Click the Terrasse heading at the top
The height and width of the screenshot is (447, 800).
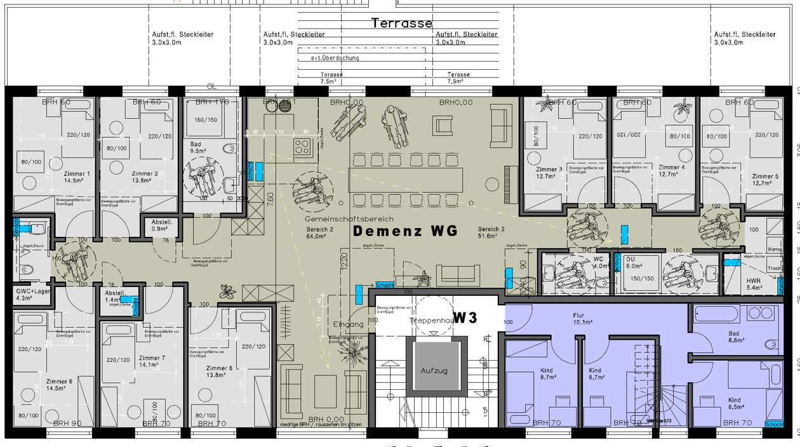[x=402, y=23]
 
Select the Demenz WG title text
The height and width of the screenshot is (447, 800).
[x=405, y=231]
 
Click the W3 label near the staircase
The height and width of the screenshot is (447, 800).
[x=465, y=318]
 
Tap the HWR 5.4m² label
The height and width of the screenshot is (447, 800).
[x=754, y=283]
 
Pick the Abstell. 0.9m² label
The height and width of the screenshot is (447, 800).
[x=161, y=225]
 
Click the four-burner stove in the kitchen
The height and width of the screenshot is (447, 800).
[x=302, y=147]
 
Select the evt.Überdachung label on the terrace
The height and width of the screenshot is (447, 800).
[x=335, y=58]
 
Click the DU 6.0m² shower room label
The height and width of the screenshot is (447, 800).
[x=634, y=263]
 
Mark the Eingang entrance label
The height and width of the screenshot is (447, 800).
[x=349, y=324]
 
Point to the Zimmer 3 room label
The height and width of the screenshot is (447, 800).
[x=549, y=173]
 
